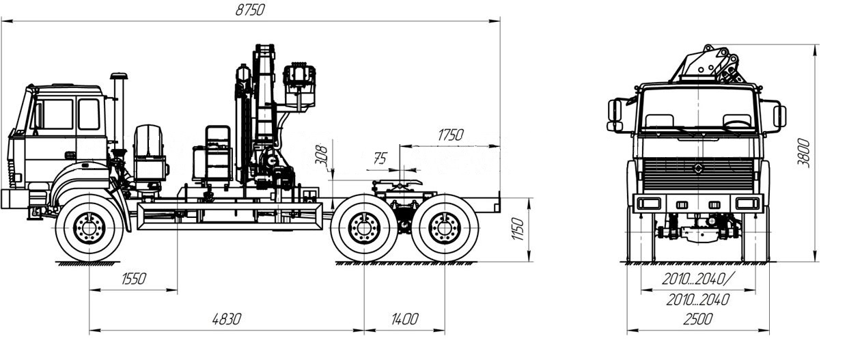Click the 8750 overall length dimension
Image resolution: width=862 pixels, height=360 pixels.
[250, 10]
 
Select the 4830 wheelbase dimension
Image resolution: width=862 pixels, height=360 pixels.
[227, 319]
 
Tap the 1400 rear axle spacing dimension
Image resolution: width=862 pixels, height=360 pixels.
[404, 319]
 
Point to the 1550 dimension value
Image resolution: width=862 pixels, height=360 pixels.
[133, 279]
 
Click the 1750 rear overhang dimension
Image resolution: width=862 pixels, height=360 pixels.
[451, 135]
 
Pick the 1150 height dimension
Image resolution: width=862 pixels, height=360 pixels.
[518, 229]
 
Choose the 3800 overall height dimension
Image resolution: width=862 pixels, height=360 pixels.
[803, 153]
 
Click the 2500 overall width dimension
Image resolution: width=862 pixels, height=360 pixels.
[697, 319]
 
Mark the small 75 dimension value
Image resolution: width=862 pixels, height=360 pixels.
[380, 158]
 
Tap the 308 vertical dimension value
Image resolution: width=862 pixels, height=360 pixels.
[322, 155]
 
